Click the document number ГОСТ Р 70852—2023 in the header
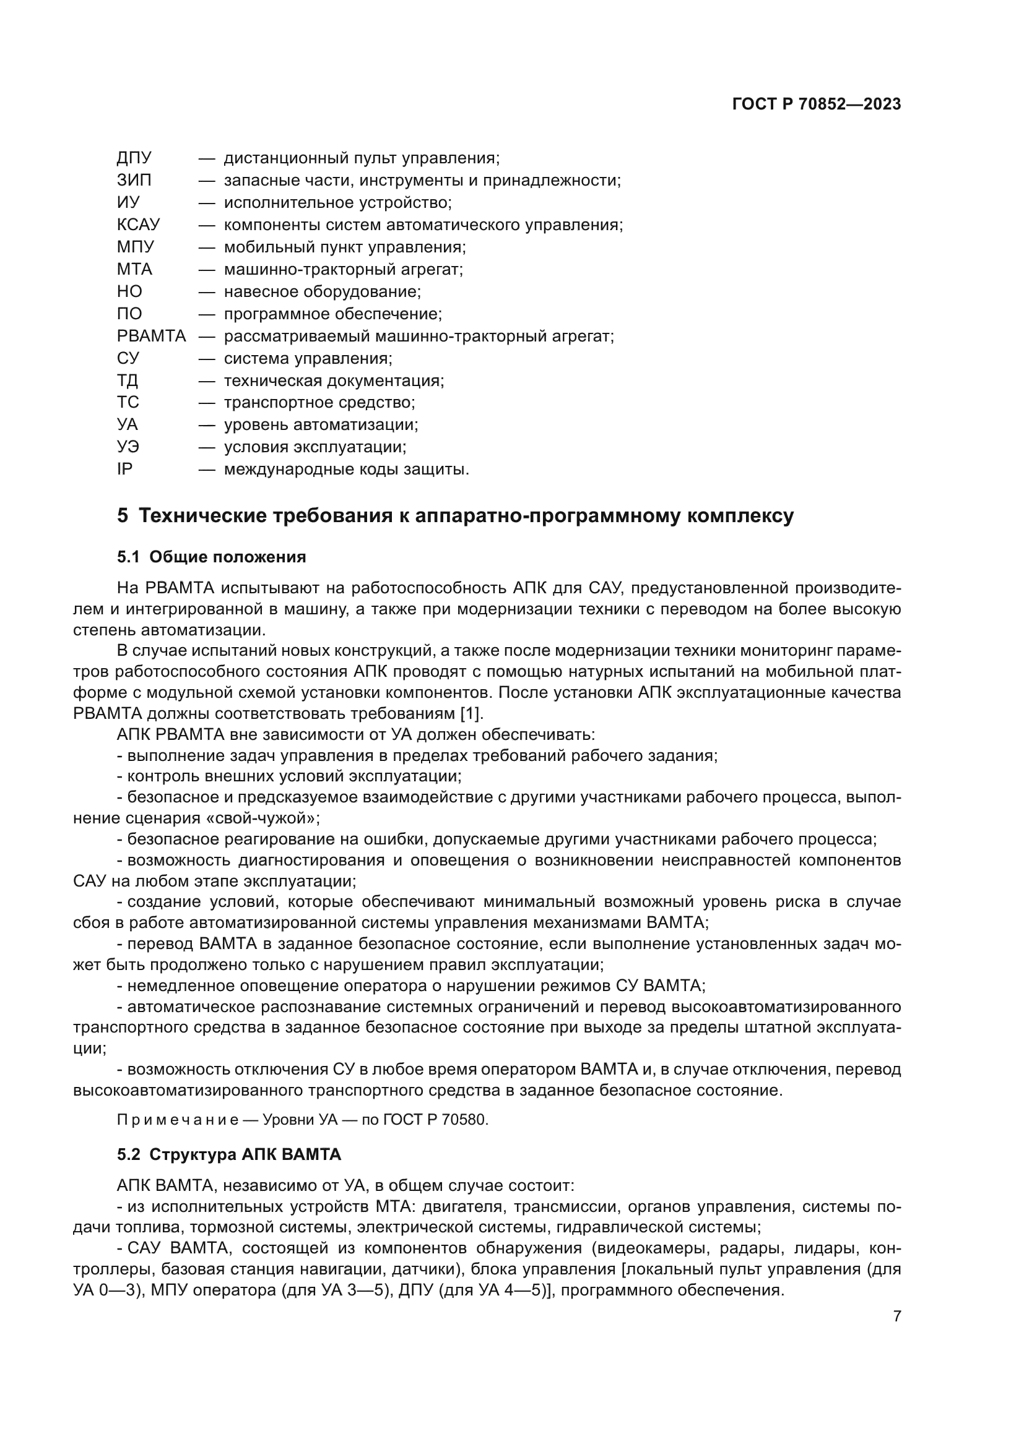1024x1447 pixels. pos(817,105)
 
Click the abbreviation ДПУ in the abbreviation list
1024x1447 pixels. pos(134,158)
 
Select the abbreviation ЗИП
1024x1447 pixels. pos(134,180)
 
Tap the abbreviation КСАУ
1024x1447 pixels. pos(139,225)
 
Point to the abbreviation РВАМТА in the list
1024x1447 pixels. pos(151,336)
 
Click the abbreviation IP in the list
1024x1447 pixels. pos(125,470)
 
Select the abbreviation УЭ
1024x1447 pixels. pos(128,447)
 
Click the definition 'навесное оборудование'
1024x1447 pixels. pos(322,292)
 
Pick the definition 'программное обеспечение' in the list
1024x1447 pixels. pos(333,314)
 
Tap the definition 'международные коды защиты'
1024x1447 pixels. pos(346,470)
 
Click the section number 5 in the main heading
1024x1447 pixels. pos(123,516)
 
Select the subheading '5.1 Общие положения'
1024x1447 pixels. pos(211,557)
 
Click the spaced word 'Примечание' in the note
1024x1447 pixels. pos(177,1120)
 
